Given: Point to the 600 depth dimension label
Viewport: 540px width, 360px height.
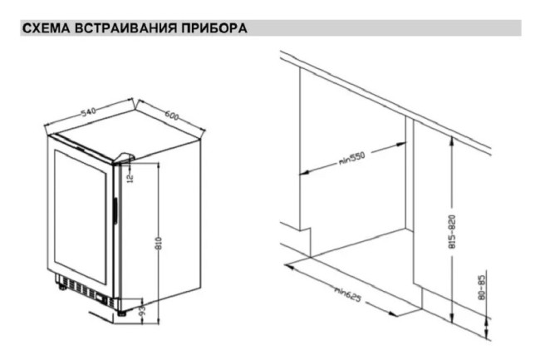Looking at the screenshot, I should click(172, 115).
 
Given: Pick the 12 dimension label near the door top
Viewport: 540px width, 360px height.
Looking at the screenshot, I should click(130, 177).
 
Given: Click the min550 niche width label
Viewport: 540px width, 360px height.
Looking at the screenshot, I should click(353, 158).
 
